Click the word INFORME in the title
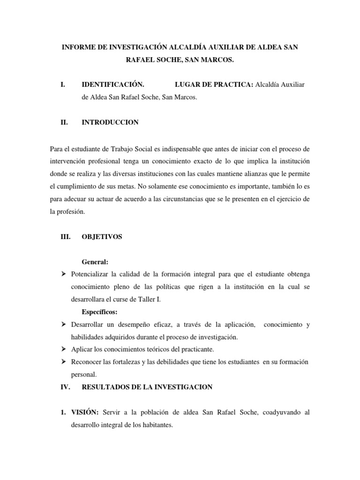click(80, 47)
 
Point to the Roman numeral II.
click(65, 122)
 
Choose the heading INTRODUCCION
click(110, 122)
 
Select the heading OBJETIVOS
click(102, 237)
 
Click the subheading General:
click(95, 262)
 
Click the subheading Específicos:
click(100, 312)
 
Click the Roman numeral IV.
click(66, 387)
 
